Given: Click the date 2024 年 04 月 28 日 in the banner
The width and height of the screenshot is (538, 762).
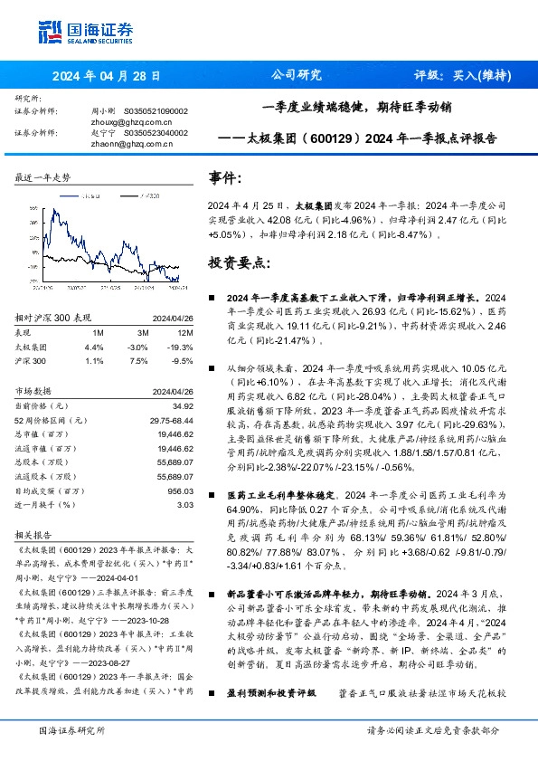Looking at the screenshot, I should click(106, 76).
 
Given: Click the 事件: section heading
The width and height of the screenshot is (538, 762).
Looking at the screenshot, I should click(225, 178).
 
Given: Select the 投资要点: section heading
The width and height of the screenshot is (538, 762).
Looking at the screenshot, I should click(240, 262).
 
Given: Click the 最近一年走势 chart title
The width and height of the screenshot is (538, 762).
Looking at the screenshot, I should click(42, 177).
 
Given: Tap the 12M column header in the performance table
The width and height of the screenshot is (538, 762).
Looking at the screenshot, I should click(178, 332).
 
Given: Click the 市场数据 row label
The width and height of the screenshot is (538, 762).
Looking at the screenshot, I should click(35, 391).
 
